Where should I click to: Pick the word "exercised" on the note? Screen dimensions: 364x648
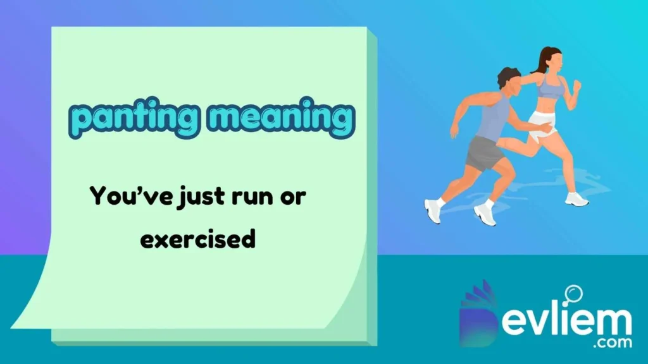click(x=197, y=239)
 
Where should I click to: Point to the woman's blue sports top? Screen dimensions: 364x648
click(x=550, y=87)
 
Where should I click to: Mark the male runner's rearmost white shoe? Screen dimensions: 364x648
click(x=433, y=210)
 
